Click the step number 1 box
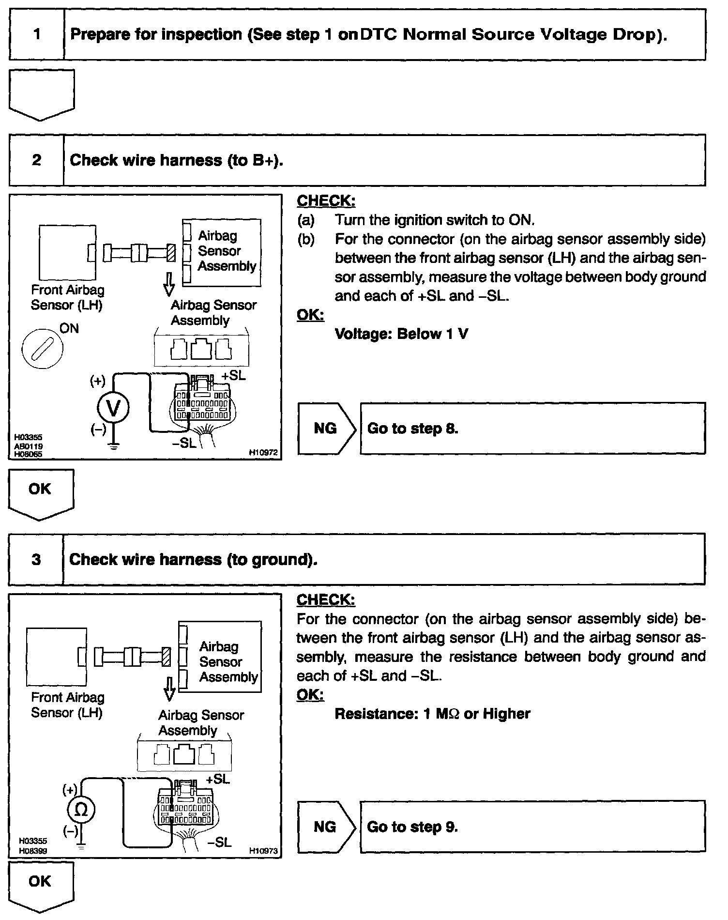(x=37, y=34)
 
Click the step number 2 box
(x=37, y=160)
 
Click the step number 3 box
(x=36, y=560)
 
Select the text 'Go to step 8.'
(x=412, y=429)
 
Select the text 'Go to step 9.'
(x=412, y=827)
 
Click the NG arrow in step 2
(x=326, y=429)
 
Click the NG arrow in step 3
(x=325, y=827)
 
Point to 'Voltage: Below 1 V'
(x=401, y=334)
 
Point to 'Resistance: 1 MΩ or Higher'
(x=432, y=714)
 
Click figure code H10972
(x=263, y=453)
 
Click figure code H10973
(x=263, y=850)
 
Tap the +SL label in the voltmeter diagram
(x=234, y=376)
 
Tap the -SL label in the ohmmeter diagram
(x=219, y=843)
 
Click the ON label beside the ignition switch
(x=69, y=329)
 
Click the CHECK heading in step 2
(x=326, y=201)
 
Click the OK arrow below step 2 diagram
(x=41, y=491)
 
